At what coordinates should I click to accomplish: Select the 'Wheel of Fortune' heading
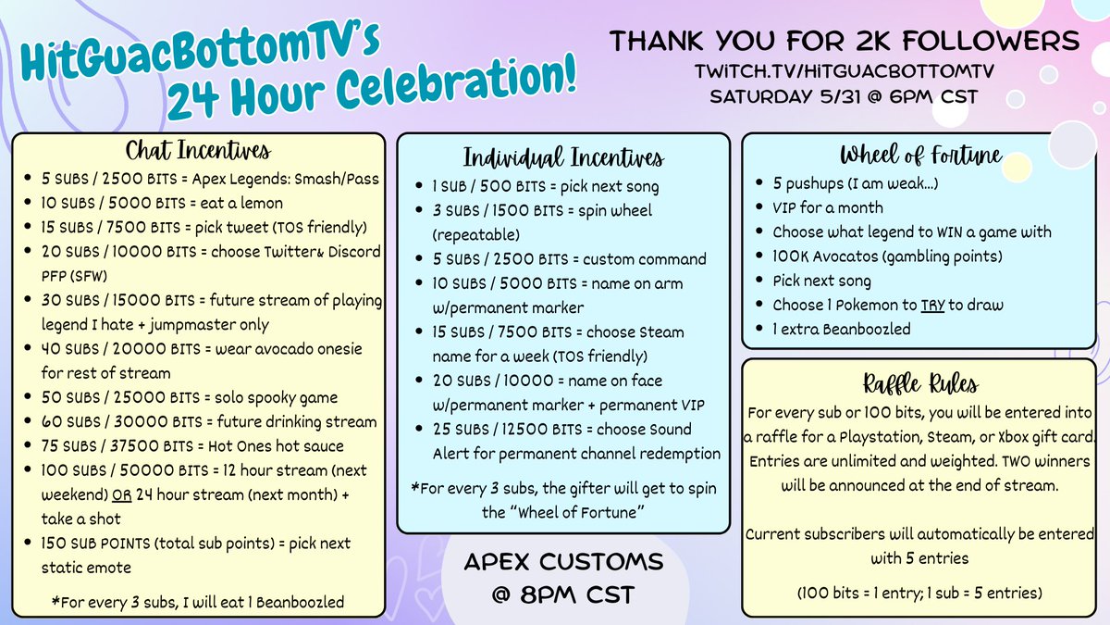920,155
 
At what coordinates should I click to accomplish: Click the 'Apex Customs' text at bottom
564,562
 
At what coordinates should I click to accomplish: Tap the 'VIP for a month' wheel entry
828,207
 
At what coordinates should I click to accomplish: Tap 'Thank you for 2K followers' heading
844,42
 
